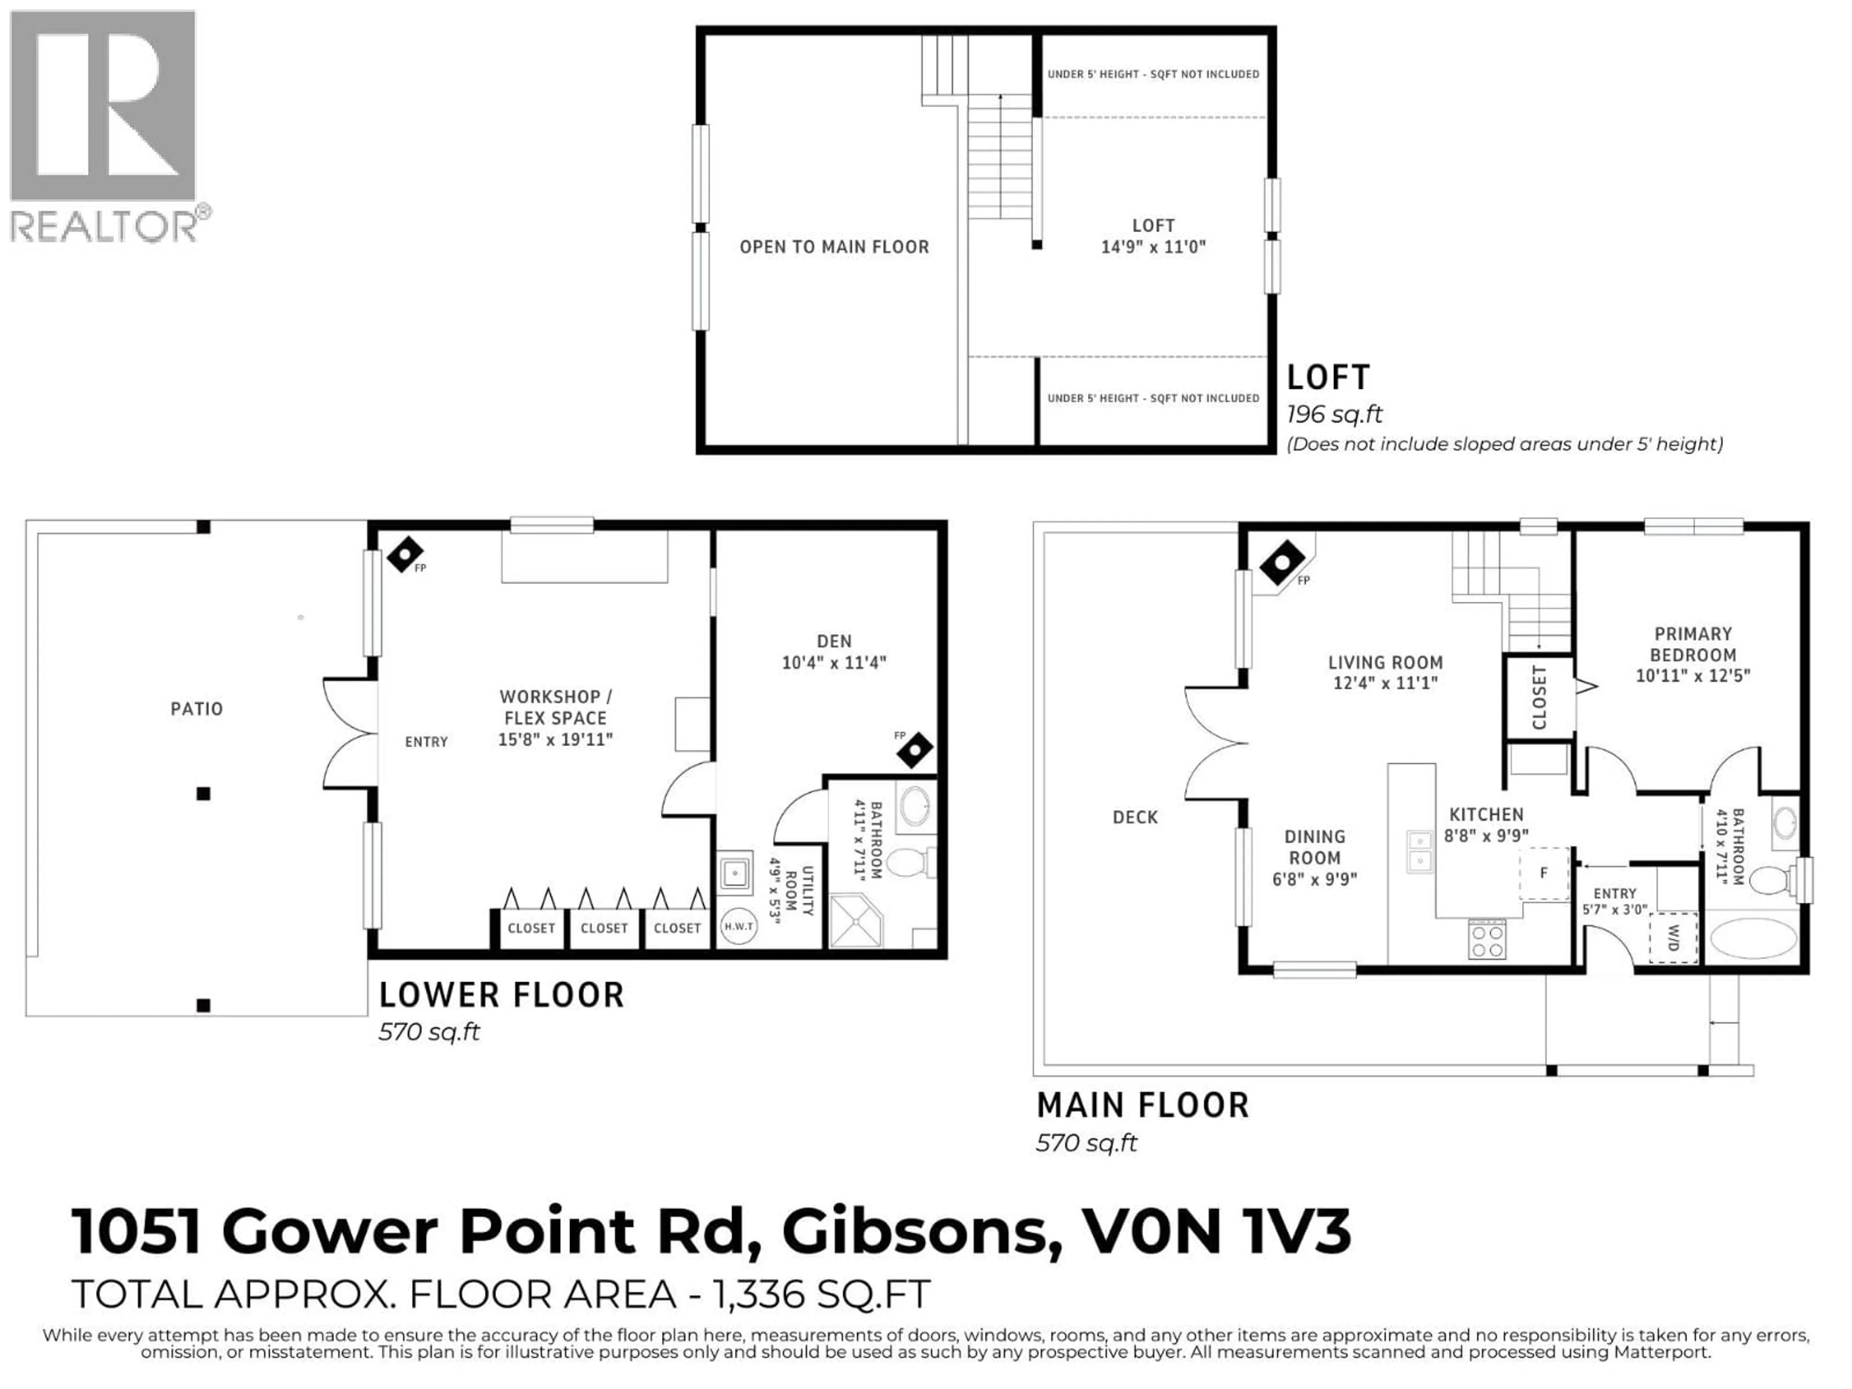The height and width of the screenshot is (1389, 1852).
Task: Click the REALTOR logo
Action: tap(103, 125)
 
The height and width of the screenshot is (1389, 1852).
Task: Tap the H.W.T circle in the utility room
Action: tap(738, 926)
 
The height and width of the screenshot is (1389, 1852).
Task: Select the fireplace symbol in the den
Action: tap(914, 750)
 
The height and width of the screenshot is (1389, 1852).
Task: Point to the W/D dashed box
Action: tap(1673, 938)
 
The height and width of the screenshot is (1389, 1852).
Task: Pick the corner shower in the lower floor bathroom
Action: tap(855, 922)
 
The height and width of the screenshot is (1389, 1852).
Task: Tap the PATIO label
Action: tap(197, 709)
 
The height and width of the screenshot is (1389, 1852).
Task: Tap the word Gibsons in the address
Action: tap(915, 1232)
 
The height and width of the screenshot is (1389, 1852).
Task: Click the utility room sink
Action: tap(735, 874)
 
